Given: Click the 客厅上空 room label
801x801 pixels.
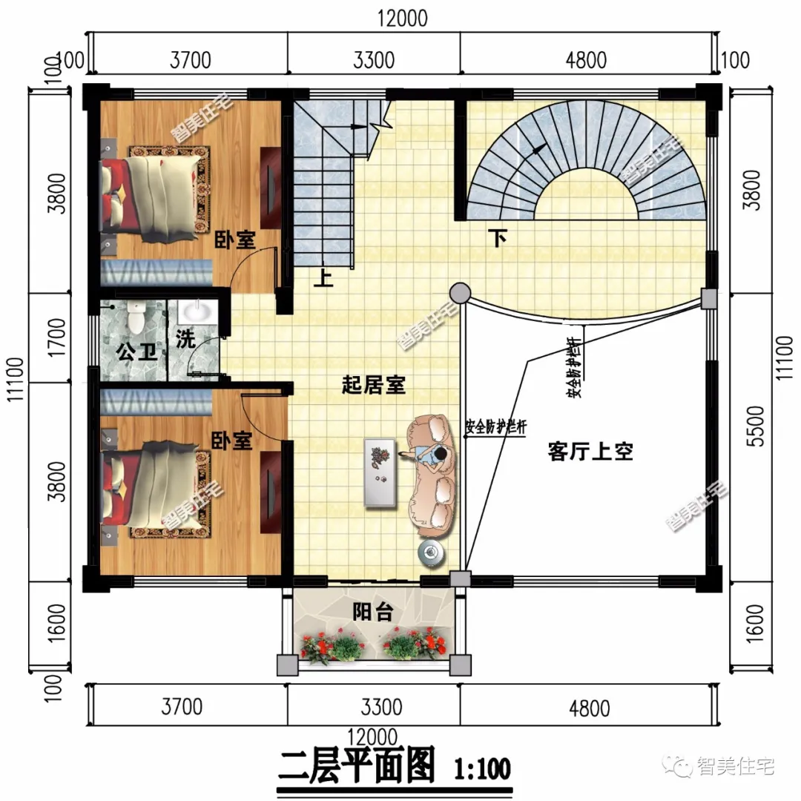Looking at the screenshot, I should coord(590,452).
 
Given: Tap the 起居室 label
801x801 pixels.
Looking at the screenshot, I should coord(373,385).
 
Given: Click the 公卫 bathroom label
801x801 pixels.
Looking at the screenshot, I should coord(138,351).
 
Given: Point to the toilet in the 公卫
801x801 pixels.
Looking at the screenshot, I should coord(135,317).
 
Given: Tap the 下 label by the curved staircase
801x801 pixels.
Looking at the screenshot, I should coord(498,239).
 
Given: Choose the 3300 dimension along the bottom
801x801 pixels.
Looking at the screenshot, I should coord(373,707).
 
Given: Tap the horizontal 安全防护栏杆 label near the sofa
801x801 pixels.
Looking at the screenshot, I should coord(495,428).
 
